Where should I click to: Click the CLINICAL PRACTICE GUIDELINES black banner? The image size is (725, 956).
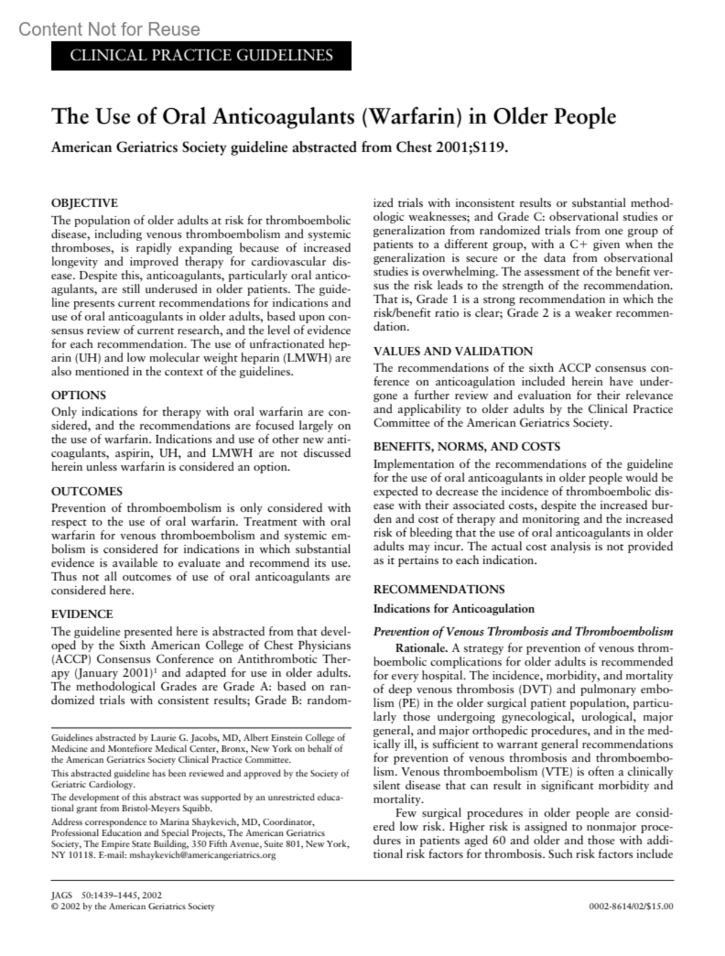click(x=201, y=56)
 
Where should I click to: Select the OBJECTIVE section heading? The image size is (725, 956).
click(x=85, y=203)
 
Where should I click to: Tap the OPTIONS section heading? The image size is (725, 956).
click(x=79, y=395)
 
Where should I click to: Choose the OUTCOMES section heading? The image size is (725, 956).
click(x=87, y=491)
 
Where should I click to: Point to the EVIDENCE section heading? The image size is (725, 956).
click(x=82, y=615)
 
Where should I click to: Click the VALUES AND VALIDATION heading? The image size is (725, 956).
click(x=453, y=352)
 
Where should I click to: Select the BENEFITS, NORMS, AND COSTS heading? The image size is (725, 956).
click(x=466, y=447)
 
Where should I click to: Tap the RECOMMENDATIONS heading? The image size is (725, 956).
click(x=439, y=590)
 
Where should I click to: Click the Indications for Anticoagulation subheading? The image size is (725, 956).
click(x=454, y=609)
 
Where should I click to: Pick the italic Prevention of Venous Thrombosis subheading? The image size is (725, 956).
click(x=523, y=632)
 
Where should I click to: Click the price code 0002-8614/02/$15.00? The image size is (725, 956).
click(x=631, y=906)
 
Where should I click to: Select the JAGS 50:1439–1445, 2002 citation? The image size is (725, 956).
click(x=107, y=896)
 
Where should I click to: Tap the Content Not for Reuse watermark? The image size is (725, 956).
click(x=109, y=29)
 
